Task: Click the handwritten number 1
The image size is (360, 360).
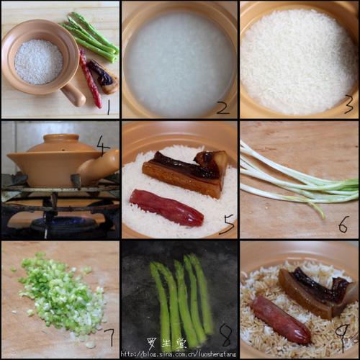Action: tap(108, 108)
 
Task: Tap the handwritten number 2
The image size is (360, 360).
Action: tap(222, 108)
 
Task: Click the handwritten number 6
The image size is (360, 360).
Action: tap(343, 225)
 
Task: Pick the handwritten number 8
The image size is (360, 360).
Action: tap(225, 335)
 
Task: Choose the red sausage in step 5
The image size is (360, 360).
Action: tap(166, 207)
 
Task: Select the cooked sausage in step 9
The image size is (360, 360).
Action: tap(279, 319)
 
